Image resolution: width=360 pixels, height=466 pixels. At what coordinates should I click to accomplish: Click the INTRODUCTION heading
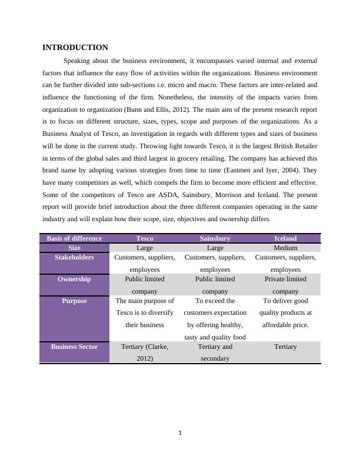75,47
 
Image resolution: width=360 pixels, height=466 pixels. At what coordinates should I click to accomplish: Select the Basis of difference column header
74,238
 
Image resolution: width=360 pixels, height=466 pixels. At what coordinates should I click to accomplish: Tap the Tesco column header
144,238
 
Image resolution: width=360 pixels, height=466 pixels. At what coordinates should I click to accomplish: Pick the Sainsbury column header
215,238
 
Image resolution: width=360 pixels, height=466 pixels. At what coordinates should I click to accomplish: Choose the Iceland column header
285,238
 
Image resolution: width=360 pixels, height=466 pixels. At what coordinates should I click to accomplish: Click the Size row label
74,248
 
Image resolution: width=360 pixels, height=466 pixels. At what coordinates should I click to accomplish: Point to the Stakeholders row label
74,257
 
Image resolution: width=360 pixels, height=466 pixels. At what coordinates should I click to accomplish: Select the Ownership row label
74,279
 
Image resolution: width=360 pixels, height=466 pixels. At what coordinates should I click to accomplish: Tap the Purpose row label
74,301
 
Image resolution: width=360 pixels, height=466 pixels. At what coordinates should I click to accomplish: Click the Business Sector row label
74,347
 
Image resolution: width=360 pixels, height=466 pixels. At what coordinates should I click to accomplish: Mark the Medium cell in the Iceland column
285,248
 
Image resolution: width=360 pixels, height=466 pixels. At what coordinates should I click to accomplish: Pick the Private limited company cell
285,285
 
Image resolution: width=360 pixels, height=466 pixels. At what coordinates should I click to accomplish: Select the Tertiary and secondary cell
215,352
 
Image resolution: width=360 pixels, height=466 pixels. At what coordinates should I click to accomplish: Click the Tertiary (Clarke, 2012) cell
144,352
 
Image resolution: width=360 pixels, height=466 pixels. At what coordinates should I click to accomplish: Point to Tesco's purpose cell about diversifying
144,312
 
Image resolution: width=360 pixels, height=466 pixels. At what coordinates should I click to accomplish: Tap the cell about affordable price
285,312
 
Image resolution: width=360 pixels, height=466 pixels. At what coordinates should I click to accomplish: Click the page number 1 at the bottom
180,434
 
